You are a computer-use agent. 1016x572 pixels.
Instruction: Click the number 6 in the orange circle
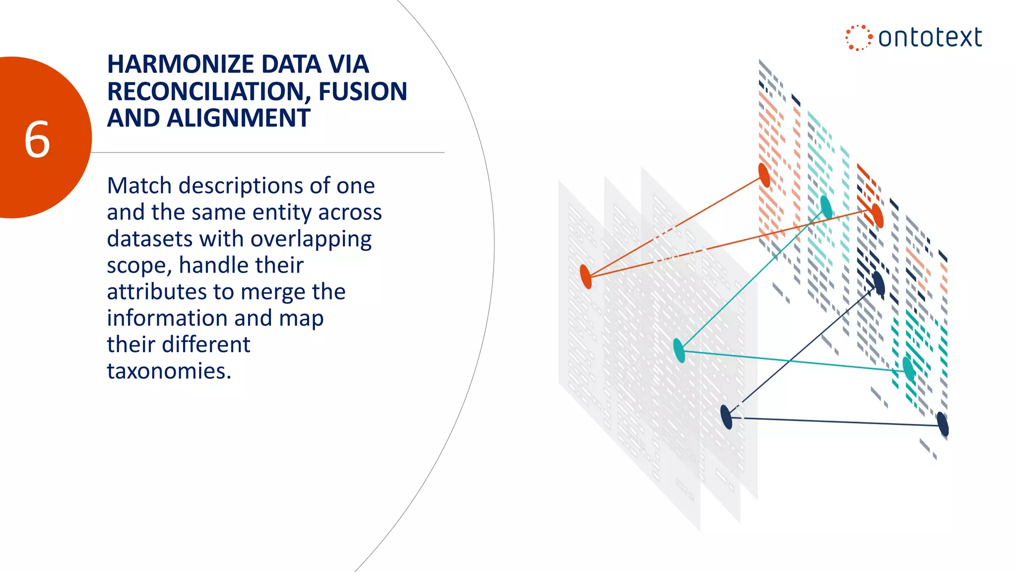tap(37, 140)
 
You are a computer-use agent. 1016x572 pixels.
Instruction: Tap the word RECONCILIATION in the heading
tap(209, 92)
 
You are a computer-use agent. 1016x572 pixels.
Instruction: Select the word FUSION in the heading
tap(363, 92)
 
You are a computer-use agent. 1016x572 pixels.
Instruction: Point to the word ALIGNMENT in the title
tap(239, 119)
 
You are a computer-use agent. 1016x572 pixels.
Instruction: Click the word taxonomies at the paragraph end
tap(169, 371)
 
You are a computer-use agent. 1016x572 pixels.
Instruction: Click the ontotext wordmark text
tap(930, 38)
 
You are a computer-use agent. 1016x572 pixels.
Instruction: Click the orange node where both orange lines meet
tap(586, 277)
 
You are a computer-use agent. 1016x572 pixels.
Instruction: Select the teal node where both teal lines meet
tap(679, 350)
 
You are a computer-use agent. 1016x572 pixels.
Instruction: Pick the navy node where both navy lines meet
tap(726, 417)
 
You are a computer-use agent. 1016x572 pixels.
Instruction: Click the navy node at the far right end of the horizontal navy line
tap(943, 425)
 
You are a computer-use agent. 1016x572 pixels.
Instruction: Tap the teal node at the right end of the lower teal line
tap(908, 368)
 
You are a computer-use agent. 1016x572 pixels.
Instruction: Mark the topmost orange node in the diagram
tap(764, 175)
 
